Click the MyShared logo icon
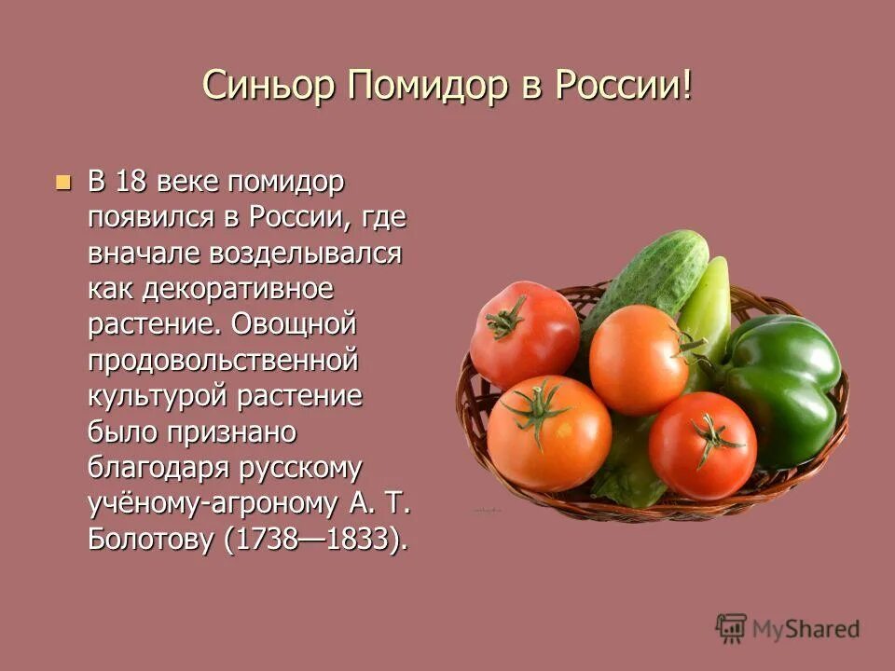tap(732, 627)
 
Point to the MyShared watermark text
tap(805, 629)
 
